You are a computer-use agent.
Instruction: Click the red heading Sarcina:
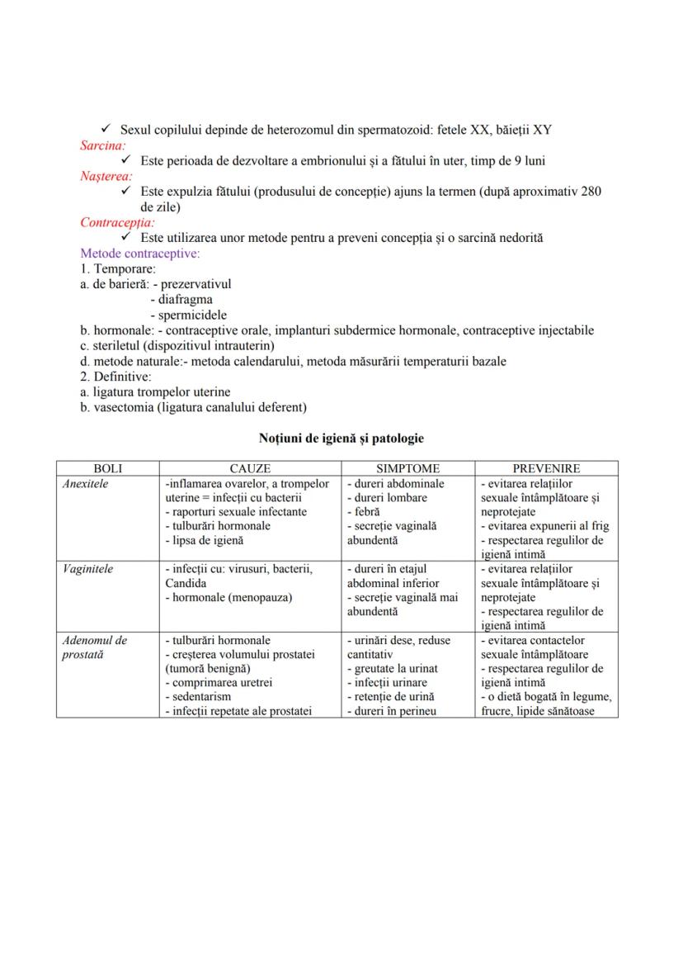103,145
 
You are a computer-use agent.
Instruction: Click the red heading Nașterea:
106,176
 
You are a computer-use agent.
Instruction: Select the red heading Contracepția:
117,222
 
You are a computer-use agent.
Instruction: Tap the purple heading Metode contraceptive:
139,253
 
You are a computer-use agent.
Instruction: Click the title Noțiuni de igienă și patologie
341,438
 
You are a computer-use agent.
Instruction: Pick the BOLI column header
108,468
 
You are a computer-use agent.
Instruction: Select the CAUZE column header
250,468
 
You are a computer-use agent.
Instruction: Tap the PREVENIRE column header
546,468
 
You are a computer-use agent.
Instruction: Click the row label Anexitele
86,483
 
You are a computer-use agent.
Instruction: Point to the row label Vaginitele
87,569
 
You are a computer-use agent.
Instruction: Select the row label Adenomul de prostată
95,647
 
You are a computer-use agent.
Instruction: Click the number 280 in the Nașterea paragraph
591,192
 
